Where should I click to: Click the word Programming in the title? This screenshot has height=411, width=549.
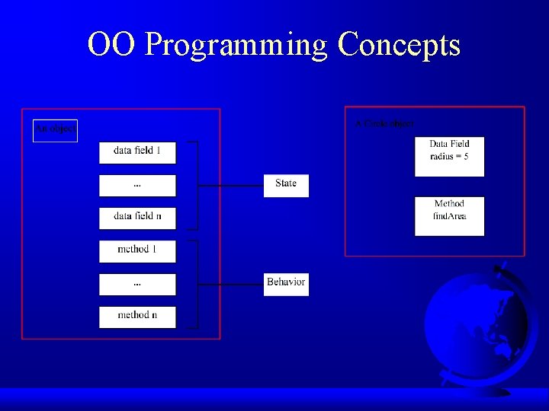point(236,45)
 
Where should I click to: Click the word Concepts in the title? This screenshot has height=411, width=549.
point(399,45)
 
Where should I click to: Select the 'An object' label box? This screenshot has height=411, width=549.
point(55,130)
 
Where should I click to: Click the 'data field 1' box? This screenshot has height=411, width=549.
point(137,152)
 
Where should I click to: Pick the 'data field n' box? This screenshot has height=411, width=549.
point(137,218)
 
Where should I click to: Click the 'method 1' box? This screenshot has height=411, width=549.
point(137,251)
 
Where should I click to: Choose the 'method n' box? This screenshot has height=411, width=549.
point(137,317)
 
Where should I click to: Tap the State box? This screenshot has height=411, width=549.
point(286,185)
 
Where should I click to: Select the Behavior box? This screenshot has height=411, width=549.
point(286,284)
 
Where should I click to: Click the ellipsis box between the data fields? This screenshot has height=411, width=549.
point(137,185)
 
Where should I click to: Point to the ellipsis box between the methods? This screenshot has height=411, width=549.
point(137,284)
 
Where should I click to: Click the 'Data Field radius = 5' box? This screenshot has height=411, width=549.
point(449,157)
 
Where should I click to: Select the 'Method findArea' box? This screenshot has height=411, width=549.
point(449,216)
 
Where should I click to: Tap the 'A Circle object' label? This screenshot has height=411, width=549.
point(385,123)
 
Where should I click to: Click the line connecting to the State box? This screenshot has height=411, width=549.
point(230,185)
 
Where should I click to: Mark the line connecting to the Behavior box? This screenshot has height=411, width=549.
point(230,284)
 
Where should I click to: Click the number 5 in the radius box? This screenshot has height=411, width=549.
point(465,157)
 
